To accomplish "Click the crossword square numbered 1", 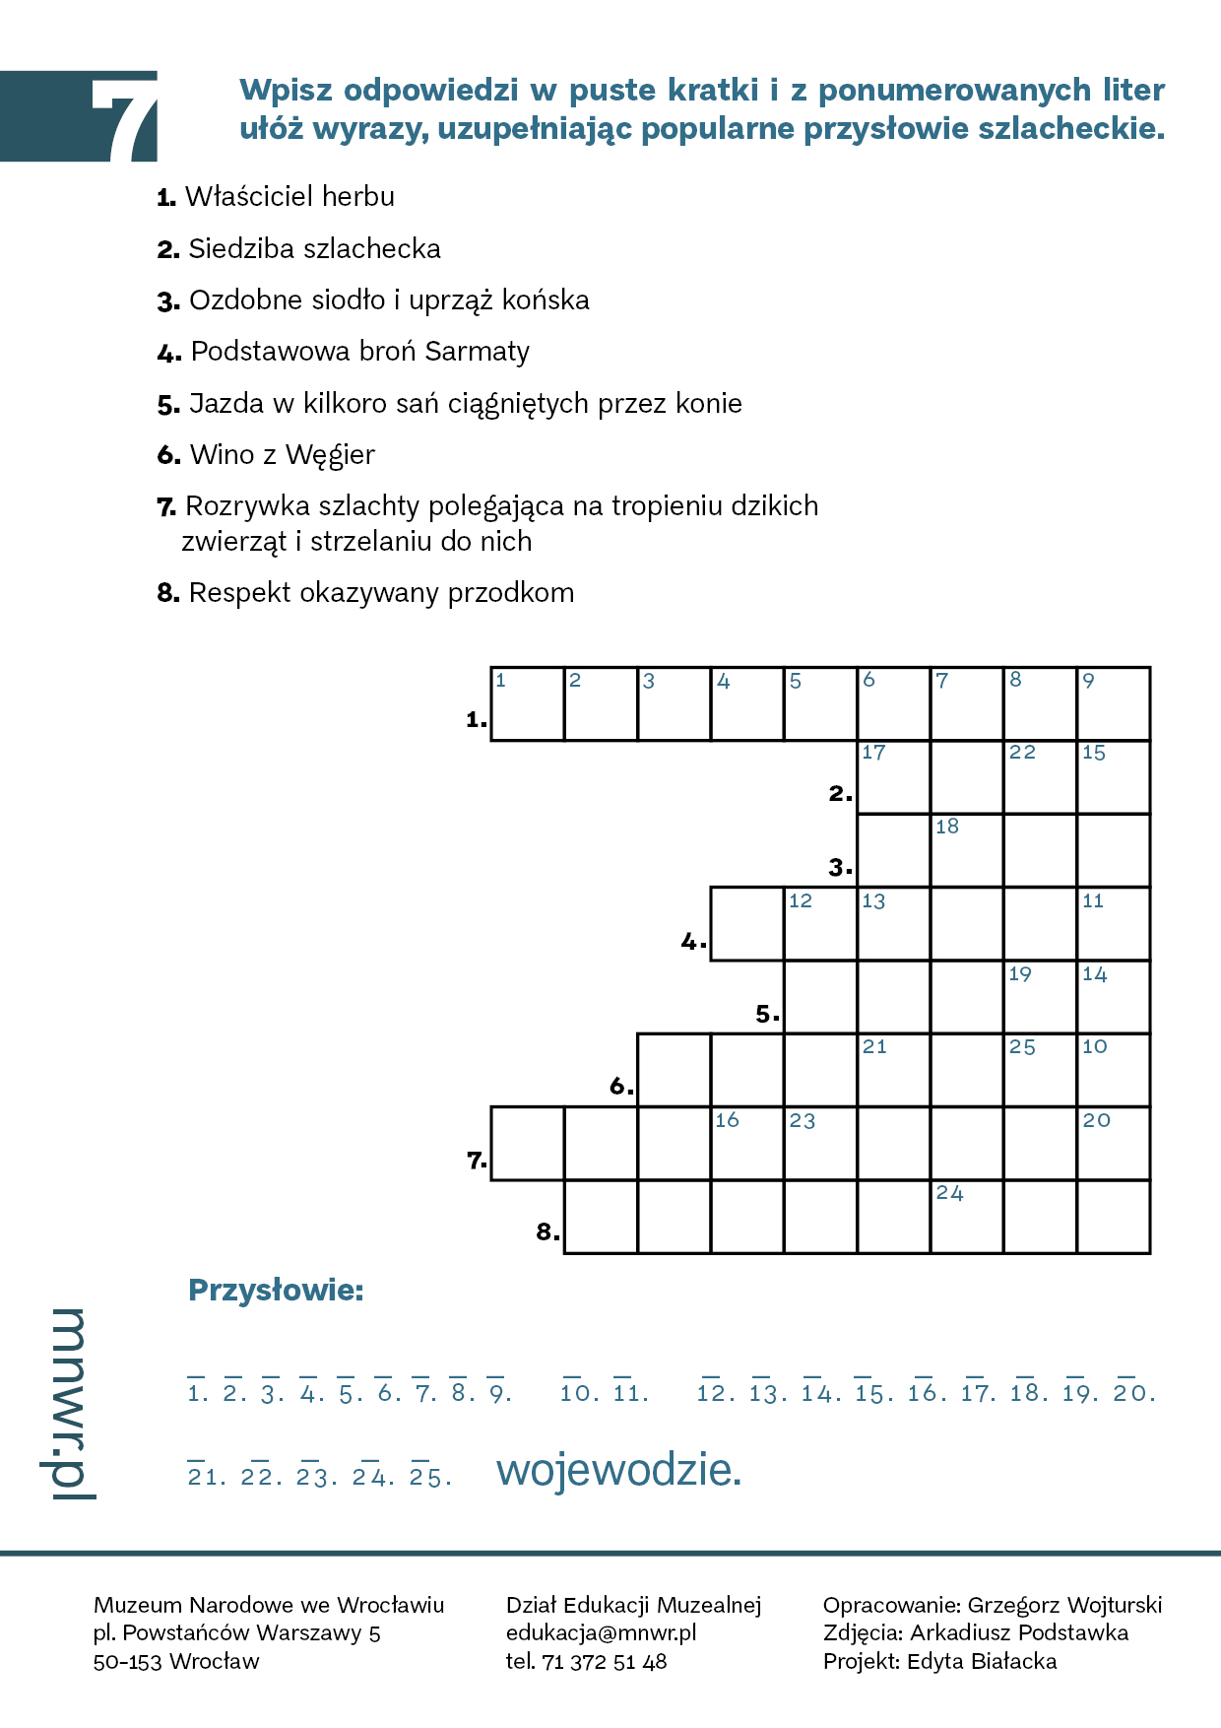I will coord(527,703).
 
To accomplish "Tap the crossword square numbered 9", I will coord(1114,703).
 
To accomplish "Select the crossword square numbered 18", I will coord(967,850).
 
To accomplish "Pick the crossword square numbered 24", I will coord(967,1217).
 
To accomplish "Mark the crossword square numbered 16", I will coord(747,1143).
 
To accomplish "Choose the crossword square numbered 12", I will coord(820,924).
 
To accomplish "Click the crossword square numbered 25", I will coord(1040,1070).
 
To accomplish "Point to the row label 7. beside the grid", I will coord(477,1161).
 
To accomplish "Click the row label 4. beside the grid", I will coord(693,942).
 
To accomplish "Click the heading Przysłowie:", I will coord(276,1290).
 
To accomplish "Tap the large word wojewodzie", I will coord(618,1470).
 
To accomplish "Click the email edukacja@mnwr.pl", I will coord(601,1632).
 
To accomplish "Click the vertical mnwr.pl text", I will coord(66,1404).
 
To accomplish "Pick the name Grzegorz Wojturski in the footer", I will coord(1064,1605).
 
